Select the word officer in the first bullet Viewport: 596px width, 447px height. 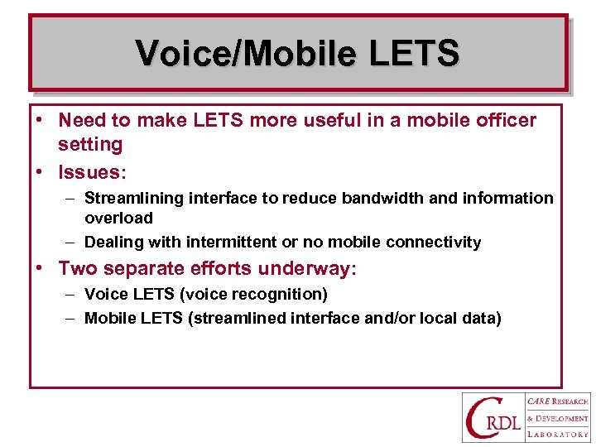point(504,121)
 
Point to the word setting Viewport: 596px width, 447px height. point(89,145)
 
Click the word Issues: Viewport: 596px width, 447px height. point(92,172)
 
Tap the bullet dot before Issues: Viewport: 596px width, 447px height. point(39,172)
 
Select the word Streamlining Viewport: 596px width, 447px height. point(135,199)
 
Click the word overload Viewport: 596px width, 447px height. point(118,219)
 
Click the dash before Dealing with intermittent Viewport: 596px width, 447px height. point(71,243)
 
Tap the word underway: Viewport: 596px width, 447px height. point(307,268)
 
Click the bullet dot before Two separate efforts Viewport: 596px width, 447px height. point(39,268)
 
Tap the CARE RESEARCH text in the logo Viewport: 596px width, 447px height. point(557,401)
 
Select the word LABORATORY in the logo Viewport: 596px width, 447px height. point(557,434)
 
